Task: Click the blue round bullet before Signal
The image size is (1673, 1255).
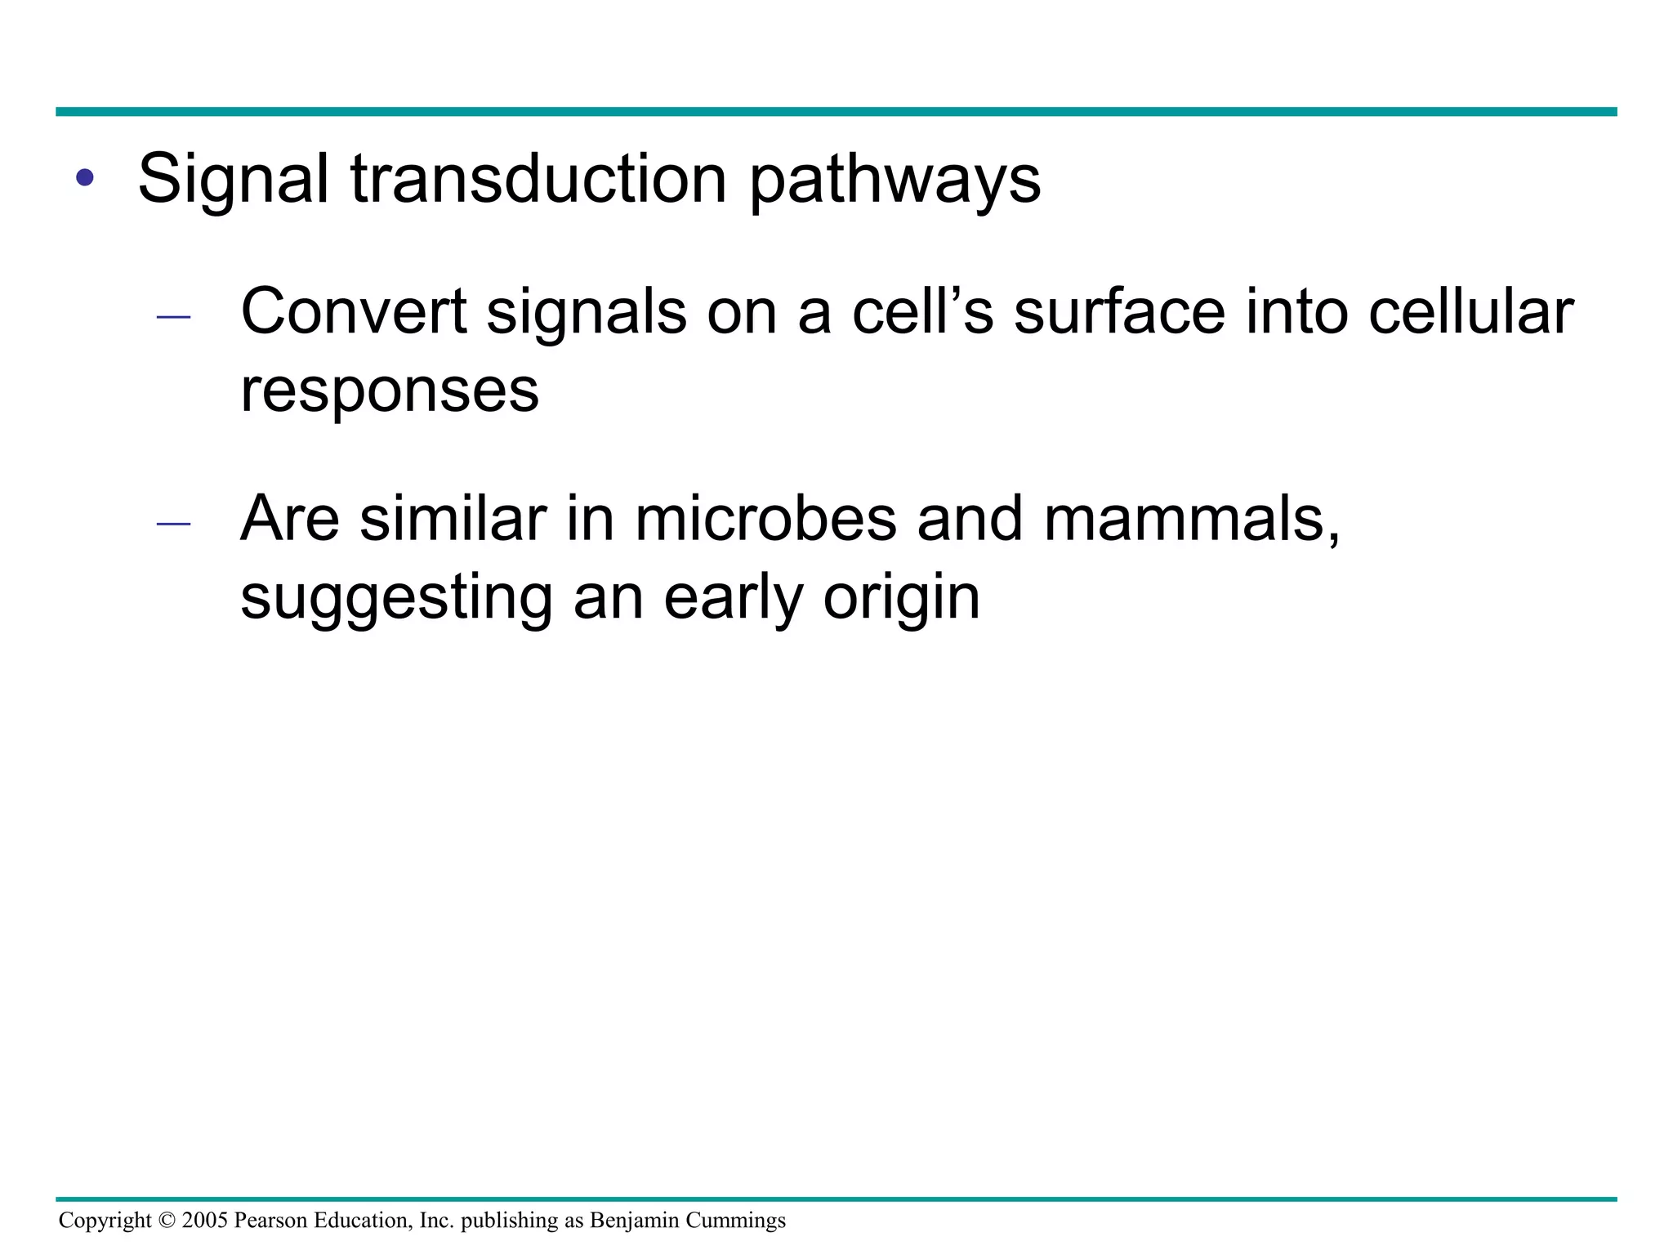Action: click(x=85, y=177)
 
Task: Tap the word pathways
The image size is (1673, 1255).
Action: click(x=894, y=181)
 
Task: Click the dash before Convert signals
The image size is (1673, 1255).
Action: click(x=173, y=317)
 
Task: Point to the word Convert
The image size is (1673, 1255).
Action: click(x=353, y=312)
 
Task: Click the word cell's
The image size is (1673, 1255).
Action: click(x=922, y=312)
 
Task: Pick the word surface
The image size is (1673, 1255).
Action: click(x=1119, y=312)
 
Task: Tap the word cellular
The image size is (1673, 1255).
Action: click(x=1470, y=312)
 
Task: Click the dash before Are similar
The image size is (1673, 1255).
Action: click(x=173, y=524)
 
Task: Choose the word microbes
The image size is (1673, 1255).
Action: click(x=765, y=520)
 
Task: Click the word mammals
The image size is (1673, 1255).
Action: click(x=1191, y=520)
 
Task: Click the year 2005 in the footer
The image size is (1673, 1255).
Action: click(x=205, y=1221)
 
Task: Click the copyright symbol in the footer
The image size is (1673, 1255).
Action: click(x=167, y=1221)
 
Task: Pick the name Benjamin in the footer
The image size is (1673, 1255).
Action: click(x=635, y=1221)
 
